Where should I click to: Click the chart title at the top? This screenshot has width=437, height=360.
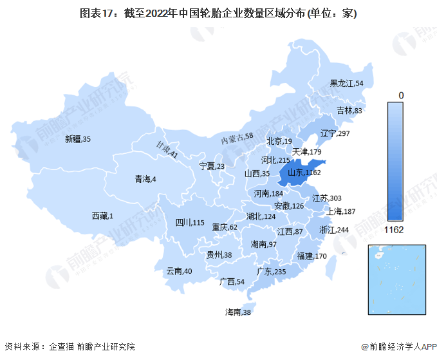218,14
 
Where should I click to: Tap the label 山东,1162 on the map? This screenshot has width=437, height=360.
303,172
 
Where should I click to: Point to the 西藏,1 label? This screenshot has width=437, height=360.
102,216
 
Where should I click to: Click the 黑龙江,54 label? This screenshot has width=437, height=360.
346,83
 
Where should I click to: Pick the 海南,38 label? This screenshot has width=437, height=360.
237,312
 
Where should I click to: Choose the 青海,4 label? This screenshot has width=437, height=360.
145,178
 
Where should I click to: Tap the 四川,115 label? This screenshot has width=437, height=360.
190,223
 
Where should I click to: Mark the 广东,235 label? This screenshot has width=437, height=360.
270,272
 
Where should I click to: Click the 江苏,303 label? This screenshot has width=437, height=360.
328,198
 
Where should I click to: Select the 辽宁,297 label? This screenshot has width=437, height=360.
335,133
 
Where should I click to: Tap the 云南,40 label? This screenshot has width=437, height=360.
179,271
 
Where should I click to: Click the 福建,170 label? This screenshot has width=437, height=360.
312,256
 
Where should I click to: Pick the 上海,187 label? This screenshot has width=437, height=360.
341,211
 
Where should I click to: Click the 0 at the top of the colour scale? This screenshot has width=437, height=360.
401,95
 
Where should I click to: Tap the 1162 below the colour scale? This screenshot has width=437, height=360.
394,229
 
